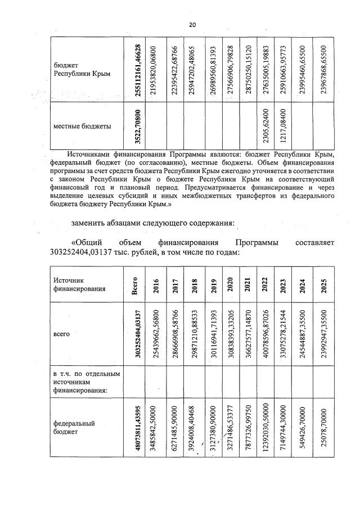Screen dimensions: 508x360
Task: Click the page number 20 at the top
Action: (x=192, y=25)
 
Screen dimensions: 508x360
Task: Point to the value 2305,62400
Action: (x=265, y=126)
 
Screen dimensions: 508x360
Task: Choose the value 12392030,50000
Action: (x=265, y=424)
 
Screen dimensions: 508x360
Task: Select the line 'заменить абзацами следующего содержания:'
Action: (x=152, y=223)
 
